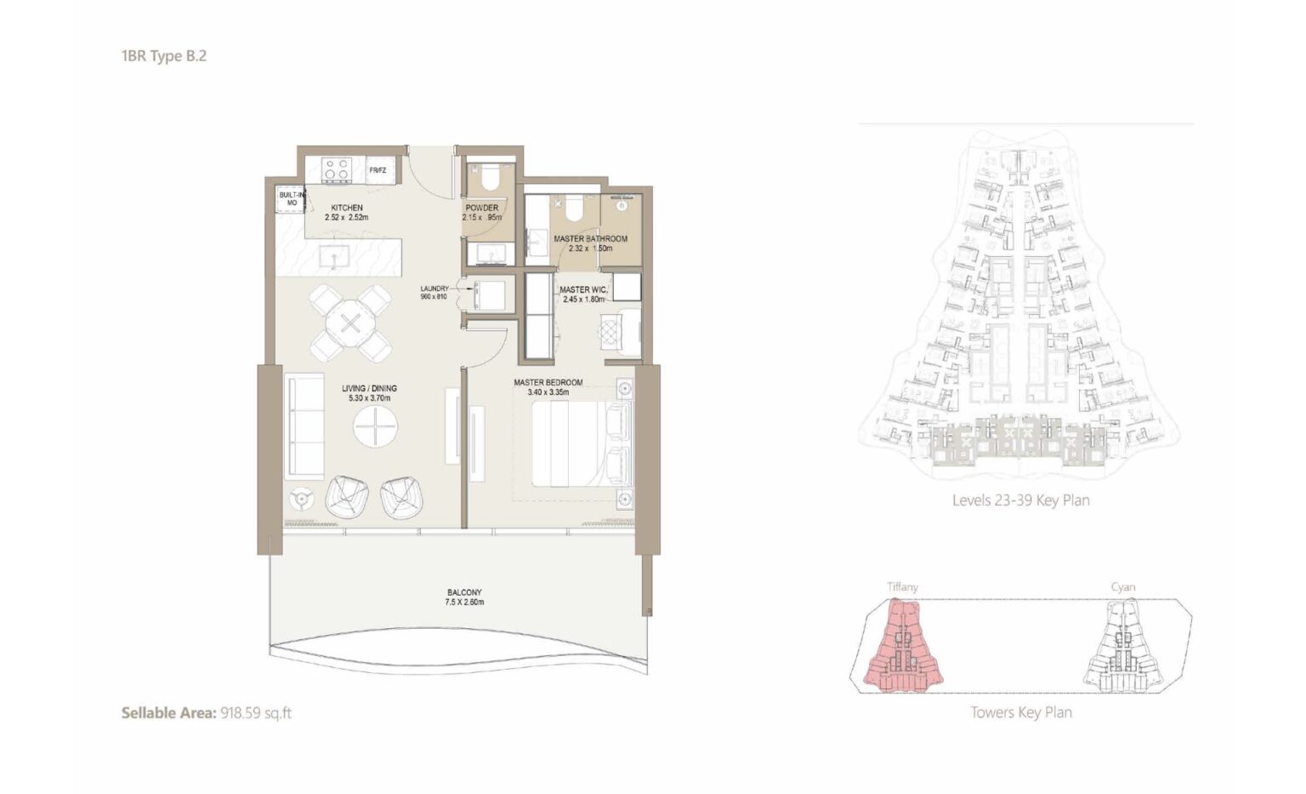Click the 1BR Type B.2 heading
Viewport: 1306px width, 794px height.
(x=164, y=56)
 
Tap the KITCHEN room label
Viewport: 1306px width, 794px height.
(x=347, y=208)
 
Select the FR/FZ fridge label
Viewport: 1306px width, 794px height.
(x=378, y=170)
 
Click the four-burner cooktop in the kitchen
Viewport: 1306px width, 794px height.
(x=338, y=169)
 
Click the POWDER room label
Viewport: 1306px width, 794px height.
(x=481, y=208)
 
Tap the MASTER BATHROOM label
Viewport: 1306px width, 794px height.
(x=591, y=238)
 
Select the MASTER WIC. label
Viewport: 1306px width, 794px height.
(x=583, y=289)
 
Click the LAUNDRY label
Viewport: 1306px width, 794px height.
(x=434, y=288)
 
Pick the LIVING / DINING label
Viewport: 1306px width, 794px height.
(x=369, y=388)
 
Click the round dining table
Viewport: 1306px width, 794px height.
(x=349, y=323)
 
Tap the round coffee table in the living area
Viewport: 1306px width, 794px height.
(x=376, y=426)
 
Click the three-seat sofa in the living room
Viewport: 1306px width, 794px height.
(x=304, y=426)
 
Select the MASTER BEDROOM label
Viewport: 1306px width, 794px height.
(x=548, y=382)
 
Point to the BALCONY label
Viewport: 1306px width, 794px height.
(x=465, y=592)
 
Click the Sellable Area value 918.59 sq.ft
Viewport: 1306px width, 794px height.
(x=256, y=713)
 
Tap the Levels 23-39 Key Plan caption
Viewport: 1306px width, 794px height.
(x=1021, y=500)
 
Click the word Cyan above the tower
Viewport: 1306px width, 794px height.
(x=1123, y=587)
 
